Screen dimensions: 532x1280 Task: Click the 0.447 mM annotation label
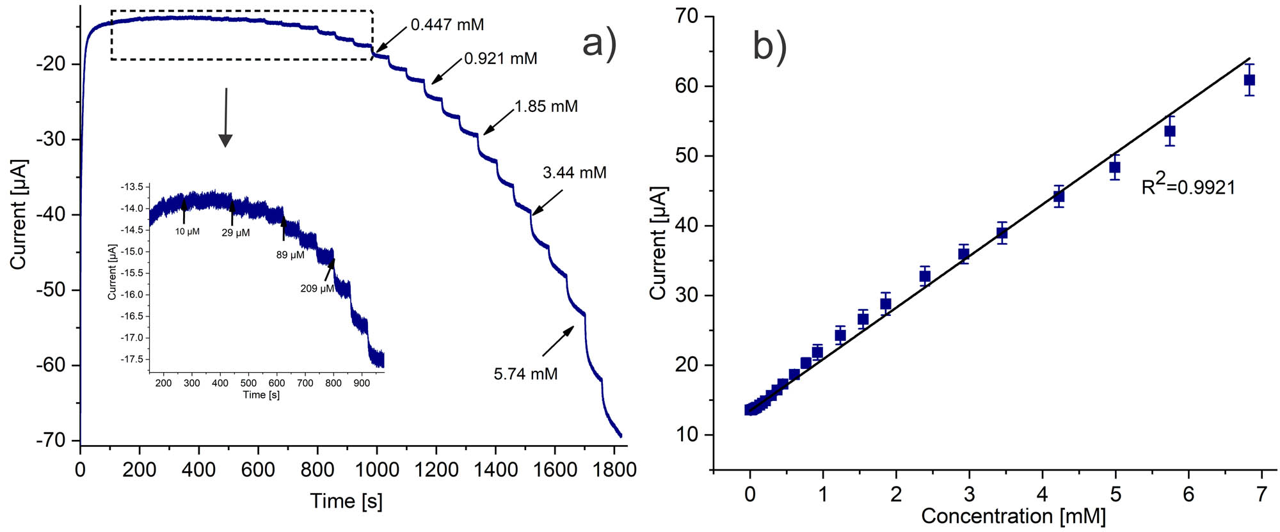point(447,25)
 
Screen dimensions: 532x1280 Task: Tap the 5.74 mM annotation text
point(525,373)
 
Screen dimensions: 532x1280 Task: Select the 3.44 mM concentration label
point(574,173)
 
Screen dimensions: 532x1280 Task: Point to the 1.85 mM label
point(546,106)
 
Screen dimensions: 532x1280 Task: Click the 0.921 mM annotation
point(500,59)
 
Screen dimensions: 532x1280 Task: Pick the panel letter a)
point(600,45)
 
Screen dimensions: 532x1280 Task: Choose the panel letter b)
point(769,45)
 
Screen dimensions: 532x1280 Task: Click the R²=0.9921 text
point(1188,186)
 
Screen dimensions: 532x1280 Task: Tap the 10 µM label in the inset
point(188,231)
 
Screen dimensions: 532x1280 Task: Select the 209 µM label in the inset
point(317,288)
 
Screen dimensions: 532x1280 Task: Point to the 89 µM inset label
point(290,255)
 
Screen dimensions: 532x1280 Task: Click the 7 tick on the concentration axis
point(1261,494)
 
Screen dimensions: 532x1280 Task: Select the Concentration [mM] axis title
point(1013,516)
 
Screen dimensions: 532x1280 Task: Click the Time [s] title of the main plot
point(346,501)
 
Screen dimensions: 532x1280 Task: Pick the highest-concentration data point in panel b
point(1249,80)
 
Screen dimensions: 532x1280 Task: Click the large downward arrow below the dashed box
point(225,118)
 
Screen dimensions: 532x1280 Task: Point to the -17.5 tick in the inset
point(132,359)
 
